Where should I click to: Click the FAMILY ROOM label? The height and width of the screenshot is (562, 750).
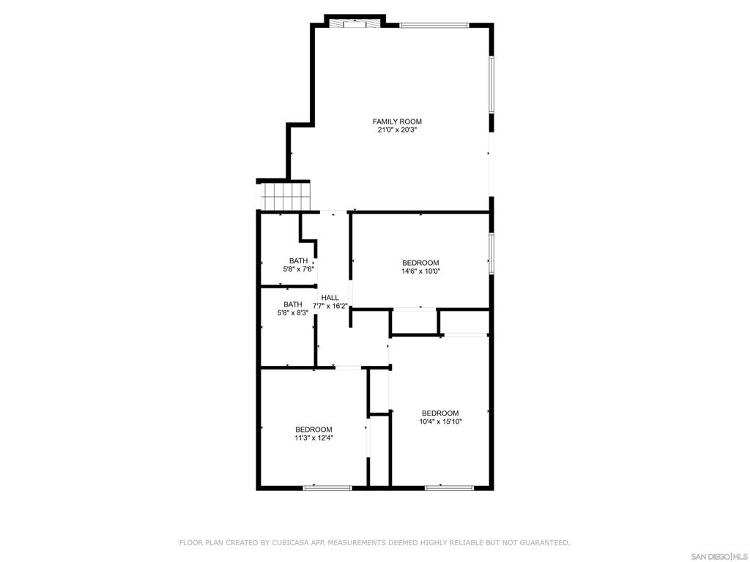coord(397,121)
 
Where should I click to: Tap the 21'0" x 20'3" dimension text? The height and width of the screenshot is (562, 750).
coord(397,130)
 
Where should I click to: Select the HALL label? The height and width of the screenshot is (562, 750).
coord(330,298)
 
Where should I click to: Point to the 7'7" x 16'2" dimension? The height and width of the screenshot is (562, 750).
coord(330,306)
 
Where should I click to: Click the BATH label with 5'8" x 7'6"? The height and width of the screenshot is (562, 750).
coord(299,261)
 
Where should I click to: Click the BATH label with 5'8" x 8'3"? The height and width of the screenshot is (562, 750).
coord(293,304)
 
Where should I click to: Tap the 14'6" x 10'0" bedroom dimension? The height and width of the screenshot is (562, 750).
coord(420,271)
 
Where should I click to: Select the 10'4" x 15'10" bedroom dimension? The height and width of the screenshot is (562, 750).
coord(440,421)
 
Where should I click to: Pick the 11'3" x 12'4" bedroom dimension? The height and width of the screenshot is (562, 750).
coord(313,438)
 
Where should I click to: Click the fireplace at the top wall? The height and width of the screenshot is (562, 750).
coord(355,23)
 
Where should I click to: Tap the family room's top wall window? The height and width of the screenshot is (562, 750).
coord(434,26)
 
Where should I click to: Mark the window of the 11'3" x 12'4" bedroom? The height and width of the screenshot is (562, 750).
coord(327,488)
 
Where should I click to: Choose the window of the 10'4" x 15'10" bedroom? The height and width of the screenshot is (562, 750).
coord(449,488)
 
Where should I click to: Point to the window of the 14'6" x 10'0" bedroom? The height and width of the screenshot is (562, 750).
coord(491,253)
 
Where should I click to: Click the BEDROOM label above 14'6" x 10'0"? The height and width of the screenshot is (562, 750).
coord(420,263)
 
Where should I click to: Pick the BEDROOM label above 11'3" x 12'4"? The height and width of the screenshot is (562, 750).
coord(313,430)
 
